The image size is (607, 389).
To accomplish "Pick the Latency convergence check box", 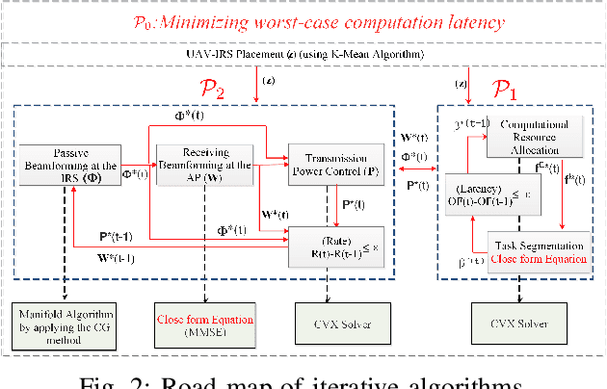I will (x=491, y=193).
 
